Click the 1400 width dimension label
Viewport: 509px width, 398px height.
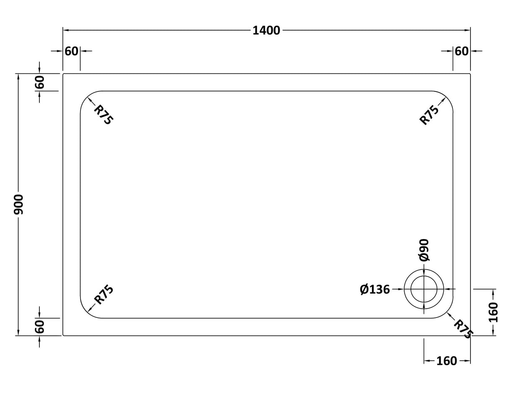[x=266, y=31]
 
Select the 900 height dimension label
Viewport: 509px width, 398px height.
[x=19, y=204]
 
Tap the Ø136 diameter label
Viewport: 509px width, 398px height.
[x=375, y=289]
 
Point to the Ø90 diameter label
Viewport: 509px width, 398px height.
[x=424, y=250]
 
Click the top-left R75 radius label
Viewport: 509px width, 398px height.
[x=103, y=114]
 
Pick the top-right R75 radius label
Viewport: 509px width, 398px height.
[x=429, y=114]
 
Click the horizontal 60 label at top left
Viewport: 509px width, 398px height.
[x=71, y=51]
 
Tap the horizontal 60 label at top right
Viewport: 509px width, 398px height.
[x=461, y=51]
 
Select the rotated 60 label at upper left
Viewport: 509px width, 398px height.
[x=39, y=82]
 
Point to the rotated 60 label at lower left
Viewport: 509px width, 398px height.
[x=39, y=327]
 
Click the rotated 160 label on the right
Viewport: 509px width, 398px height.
[x=493, y=312]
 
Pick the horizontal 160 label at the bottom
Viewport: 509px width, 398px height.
[x=447, y=361]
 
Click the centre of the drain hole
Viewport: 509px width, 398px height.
[x=424, y=289]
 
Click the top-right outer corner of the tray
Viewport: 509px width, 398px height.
[x=470, y=74]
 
